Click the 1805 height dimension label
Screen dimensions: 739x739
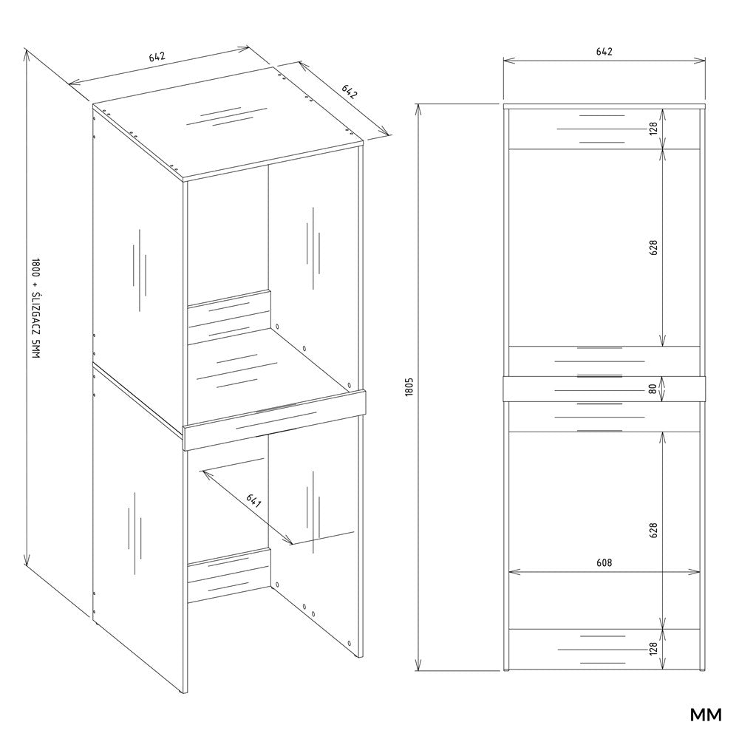(409, 386)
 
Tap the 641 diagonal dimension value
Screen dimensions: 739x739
(253, 501)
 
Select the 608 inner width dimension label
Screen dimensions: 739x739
(604, 562)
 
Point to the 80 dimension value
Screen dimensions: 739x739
(653, 389)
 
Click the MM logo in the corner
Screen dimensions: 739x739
(706, 715)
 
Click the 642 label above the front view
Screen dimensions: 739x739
(604, 52)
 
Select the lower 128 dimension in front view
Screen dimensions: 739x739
(653, 650)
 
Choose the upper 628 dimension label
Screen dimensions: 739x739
(653, 248)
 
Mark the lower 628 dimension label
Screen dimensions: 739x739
(653, 530)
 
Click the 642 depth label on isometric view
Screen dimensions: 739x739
(349, 92)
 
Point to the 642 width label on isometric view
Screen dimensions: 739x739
(157, 57)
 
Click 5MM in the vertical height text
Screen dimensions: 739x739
(35, 350)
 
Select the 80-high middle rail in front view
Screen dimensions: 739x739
(605, 389)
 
